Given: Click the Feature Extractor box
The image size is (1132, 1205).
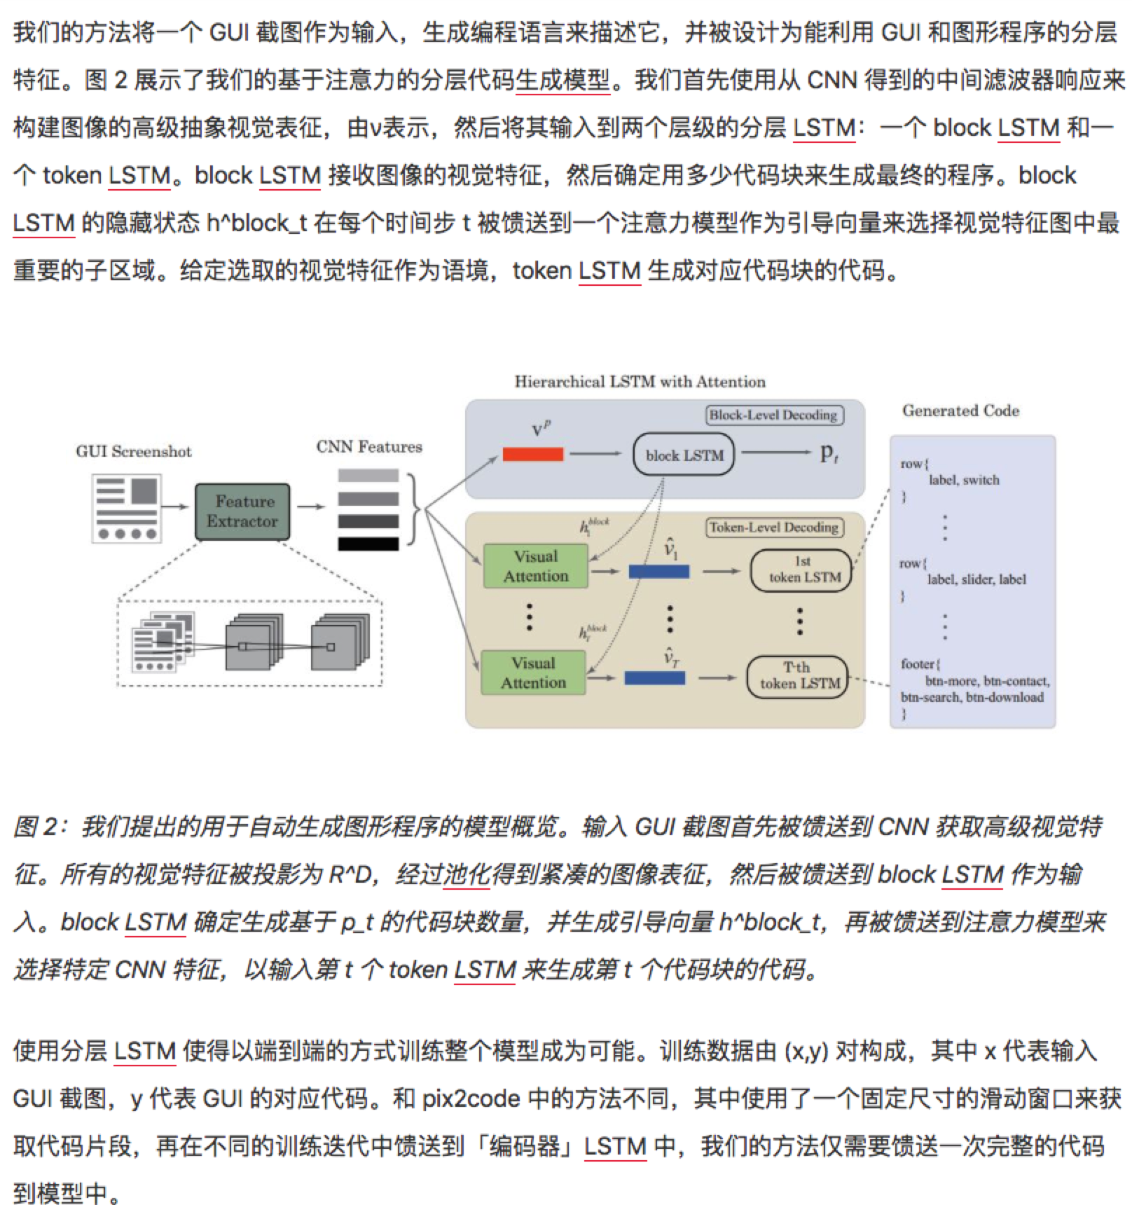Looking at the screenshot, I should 242,511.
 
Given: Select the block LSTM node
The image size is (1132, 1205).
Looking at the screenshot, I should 684,455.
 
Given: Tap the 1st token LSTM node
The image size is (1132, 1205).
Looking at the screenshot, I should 802,570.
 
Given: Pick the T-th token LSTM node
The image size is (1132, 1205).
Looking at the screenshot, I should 799,676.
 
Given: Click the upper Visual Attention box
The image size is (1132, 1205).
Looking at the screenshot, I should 536,566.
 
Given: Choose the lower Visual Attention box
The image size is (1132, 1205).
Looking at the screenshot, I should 533,673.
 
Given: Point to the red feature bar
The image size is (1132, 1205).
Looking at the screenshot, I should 533,454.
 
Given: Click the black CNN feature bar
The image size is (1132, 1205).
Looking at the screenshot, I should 368,544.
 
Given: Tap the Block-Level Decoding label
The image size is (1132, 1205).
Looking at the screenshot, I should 773,415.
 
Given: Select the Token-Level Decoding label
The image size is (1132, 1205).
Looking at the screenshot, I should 773,528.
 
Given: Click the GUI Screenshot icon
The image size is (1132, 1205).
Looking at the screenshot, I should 127,509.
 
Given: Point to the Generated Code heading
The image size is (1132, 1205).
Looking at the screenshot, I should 960,411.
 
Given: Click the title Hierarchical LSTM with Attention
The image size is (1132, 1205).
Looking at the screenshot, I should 640,382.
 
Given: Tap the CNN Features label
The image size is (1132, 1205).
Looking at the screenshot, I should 369,446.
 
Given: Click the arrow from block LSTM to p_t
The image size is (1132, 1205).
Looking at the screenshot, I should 775,453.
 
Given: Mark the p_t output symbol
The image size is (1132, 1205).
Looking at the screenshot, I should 829,453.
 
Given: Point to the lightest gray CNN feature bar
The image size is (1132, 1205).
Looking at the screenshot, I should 368,476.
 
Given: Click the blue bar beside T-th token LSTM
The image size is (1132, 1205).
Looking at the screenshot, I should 655,677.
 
